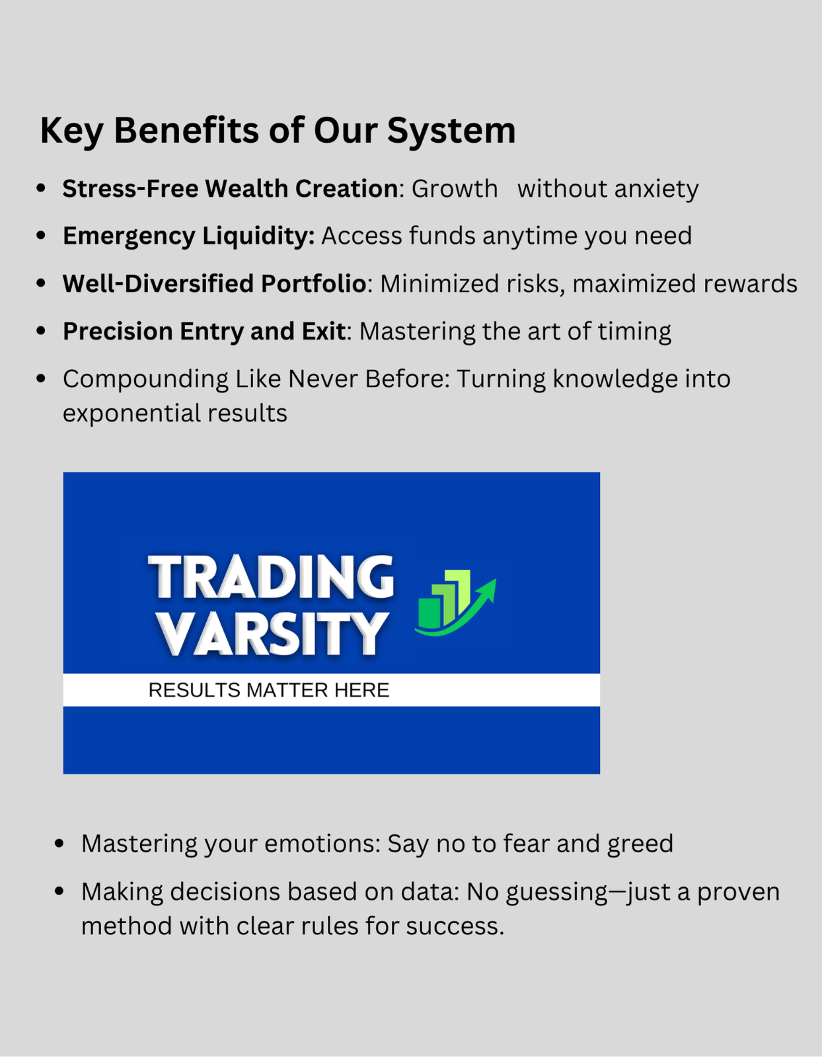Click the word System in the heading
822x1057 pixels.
[x=451, y=131]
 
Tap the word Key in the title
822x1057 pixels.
[x=71, y=131]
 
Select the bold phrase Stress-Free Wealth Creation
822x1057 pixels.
[x=230, y=188]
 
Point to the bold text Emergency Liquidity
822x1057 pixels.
[x=189, y=237]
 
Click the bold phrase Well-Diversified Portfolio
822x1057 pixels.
[x=215, y=283]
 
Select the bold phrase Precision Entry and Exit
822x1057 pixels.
[x=204, y=332]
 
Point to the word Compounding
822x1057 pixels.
[x=145, y=380]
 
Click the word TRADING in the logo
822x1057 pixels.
[x=271, y=577]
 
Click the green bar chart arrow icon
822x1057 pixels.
[x=455, y=603]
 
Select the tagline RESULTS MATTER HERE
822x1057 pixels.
[x=269, y=690]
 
